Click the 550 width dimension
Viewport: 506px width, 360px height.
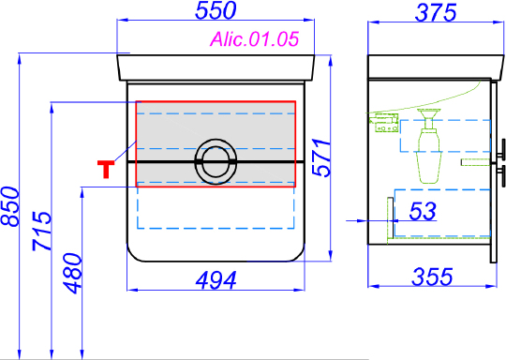[x=216, y=10]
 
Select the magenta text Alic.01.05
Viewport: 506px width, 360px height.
[x=255, y=39]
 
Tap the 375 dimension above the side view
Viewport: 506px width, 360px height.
[x=436, y=13]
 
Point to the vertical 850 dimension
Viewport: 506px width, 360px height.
[x=10, y=206]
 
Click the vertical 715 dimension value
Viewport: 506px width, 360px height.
[x=42, y=231]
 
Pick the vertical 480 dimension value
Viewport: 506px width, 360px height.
[x=72, y=273]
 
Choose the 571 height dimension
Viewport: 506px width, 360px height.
[x=321, y=157]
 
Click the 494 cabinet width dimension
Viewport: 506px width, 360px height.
[x=216, y=280]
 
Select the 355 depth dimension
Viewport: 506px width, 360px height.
[x=432, y=277]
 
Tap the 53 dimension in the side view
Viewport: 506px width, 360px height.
[x=423, y=211]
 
